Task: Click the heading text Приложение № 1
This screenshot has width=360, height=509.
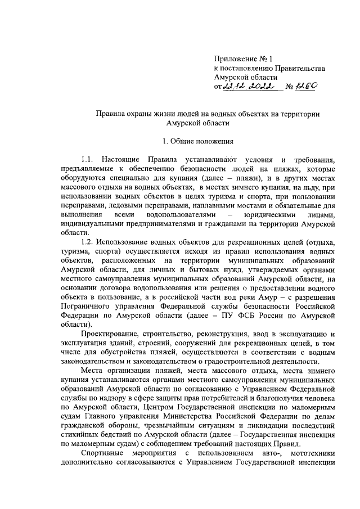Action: tap(243, 59)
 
